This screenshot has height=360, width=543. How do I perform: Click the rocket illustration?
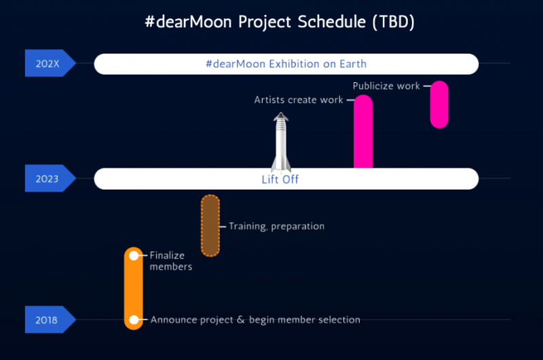(281, 143)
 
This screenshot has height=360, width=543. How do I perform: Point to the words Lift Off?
(280, 180)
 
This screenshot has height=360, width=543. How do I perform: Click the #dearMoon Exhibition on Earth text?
(286, 64)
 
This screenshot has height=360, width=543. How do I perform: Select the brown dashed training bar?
(210, 226)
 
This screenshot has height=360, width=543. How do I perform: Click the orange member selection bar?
(134, 289)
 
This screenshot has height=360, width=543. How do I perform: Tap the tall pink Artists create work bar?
(363, 132)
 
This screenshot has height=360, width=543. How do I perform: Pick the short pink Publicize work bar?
(439, 104)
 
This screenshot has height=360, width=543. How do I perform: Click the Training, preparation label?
(276, 226)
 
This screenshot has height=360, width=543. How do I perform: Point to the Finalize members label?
(170, 261)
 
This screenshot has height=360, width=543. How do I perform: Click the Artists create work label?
(299, 100)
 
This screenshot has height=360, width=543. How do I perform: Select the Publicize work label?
(386, 86)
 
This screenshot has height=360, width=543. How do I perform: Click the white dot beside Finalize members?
(134, 255)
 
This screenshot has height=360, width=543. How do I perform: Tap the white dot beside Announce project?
(134, 320)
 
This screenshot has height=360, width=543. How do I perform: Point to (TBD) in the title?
(394, 22)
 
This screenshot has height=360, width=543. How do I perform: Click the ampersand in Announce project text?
(240, 320)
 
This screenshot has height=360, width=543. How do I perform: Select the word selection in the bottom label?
(337, 320)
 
